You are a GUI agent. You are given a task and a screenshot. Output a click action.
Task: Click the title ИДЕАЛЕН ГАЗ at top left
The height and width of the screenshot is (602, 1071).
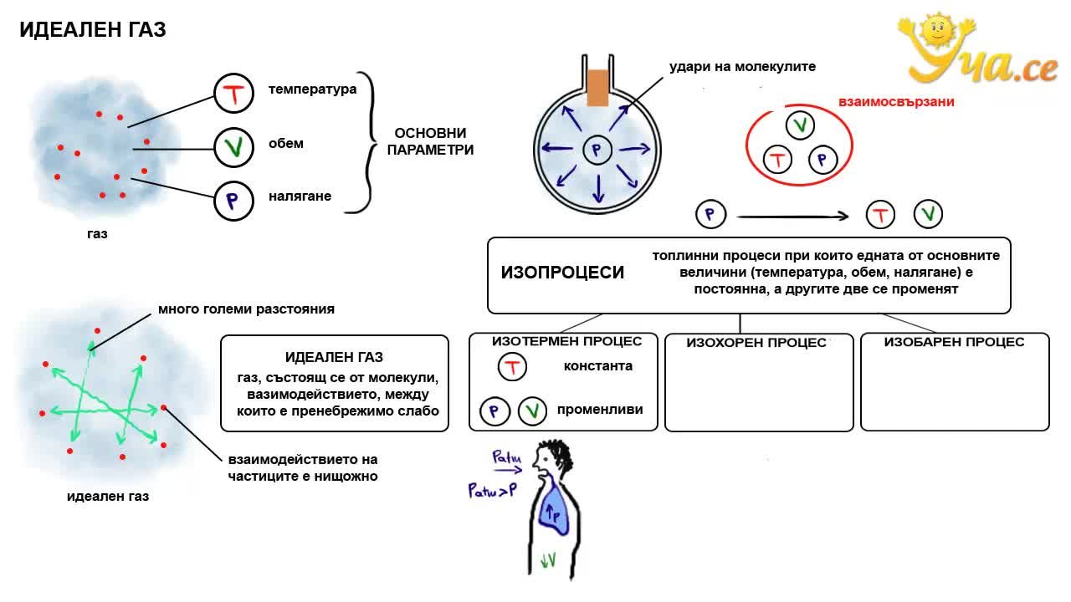pos(93,29)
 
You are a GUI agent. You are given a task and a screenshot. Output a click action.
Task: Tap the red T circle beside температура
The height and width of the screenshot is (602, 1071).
pos(233,93)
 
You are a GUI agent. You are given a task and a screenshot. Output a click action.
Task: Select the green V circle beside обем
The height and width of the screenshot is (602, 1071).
pos(233,147)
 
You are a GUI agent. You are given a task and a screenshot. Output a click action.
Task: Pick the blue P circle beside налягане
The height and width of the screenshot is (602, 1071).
pos(233,201)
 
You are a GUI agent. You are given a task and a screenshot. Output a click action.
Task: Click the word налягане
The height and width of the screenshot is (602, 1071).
pos(300,196)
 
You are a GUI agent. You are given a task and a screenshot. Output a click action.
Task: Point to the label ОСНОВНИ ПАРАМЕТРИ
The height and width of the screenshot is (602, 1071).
pos(430,141)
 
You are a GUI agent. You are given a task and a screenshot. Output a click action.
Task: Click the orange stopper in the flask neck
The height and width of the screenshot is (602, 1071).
pos(597,89)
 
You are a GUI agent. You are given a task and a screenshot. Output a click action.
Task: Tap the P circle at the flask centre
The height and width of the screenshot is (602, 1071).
pos(597,150)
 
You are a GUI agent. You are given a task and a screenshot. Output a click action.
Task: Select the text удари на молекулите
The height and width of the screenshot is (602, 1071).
pos(742,66)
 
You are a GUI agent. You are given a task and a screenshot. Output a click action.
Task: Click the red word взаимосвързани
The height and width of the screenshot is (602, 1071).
pos(896,102)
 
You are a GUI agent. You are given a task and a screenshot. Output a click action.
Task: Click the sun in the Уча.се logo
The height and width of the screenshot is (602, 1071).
pos(937,29)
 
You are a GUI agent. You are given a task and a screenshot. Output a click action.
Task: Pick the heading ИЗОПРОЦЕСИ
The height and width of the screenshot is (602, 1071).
pos(562,273)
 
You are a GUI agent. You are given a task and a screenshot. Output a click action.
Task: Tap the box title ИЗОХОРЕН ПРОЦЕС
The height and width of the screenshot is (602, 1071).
pos(756,343)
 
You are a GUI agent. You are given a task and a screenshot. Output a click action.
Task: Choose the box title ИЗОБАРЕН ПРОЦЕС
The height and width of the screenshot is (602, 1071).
pos(954,342)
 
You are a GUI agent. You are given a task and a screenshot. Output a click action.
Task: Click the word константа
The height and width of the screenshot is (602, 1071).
pos(598,366)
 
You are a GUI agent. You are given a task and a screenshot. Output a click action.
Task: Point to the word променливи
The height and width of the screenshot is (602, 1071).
pos(600,410)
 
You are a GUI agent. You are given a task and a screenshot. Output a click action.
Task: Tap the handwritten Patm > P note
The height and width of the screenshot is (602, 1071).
pos(493,490)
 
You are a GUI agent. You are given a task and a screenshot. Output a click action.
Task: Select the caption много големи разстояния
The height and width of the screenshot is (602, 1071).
pos(246,309)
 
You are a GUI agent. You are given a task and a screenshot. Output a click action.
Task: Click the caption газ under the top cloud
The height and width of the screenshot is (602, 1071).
pos(97,234)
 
